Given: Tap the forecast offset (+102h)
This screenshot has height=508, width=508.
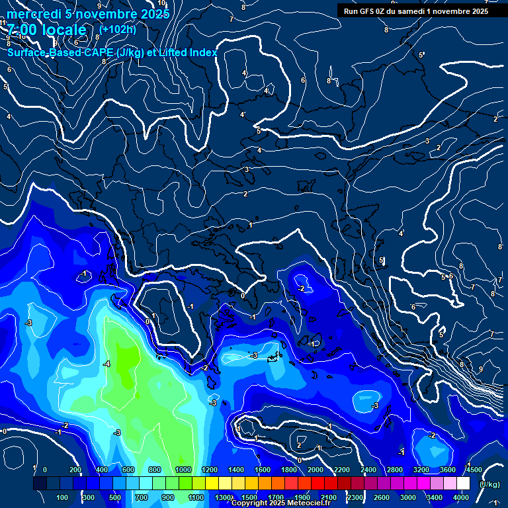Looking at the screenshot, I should (117, 29).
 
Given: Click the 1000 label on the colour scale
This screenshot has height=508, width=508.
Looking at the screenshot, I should (182, 470).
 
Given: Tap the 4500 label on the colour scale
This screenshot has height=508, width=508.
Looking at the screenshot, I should (473, 470).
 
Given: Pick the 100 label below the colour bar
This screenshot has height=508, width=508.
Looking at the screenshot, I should (63, 497).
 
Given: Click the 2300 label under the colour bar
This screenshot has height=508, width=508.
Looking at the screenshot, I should (355, 497).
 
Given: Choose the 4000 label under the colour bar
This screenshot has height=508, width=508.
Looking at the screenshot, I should (461, 497).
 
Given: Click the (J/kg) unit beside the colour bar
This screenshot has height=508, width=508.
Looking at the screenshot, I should (489, 485).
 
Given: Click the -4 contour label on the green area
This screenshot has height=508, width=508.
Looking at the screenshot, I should (106, 364).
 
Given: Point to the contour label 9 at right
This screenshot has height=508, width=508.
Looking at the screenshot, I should (480, 369).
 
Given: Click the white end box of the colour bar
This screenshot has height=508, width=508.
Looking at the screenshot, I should (463, 484).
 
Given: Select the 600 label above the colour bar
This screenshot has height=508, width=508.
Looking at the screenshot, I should (128, 470).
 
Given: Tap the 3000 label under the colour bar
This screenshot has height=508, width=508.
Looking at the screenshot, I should (408, 497).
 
